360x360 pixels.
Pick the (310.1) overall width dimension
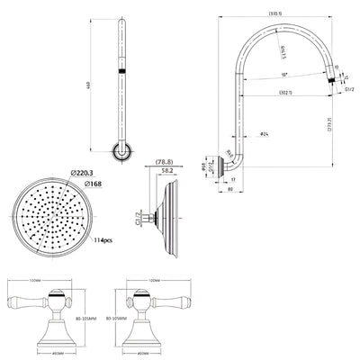pos(274,13)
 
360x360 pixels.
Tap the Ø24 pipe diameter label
pos(265,134)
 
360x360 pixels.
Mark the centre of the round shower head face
pos(52,217)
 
